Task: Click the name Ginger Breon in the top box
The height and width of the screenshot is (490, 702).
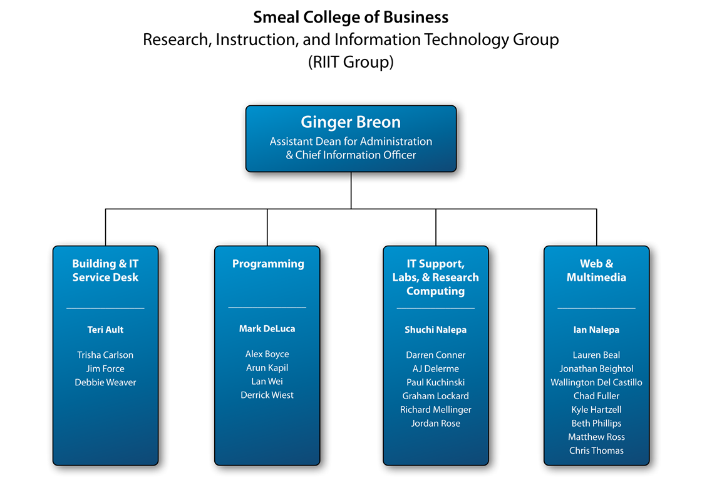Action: [351, 122]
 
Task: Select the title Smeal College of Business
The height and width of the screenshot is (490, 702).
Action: [351, 17]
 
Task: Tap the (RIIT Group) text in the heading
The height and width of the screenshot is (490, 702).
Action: [351, 62]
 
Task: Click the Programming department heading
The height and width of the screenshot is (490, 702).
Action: [268, 264]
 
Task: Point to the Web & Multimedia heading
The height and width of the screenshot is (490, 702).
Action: [596, 270]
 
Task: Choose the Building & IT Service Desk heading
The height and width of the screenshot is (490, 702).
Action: [105, 270]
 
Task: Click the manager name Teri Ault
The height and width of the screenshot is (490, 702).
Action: [105, 330]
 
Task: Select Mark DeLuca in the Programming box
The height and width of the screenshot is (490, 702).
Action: [267, 329]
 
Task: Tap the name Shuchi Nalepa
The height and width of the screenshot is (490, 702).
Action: [436, 330]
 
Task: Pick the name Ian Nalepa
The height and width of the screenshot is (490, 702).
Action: [596, 330]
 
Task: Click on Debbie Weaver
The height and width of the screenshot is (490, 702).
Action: [105, 382]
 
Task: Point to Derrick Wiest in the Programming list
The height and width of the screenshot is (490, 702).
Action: [267, 395]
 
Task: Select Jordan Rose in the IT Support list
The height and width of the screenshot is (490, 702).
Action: [436, 423]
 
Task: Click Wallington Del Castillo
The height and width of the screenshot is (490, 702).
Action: [596, 382]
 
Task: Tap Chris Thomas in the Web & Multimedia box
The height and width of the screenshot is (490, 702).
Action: [596, 451]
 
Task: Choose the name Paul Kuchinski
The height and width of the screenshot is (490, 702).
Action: [436, 382]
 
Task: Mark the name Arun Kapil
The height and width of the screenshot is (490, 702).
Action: [267, 368]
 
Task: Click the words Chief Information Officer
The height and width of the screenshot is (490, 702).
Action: [356, 155]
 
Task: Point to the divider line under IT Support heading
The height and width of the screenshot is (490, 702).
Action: [436, 309]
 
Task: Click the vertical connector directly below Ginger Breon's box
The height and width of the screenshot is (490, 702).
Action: [351, 190]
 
